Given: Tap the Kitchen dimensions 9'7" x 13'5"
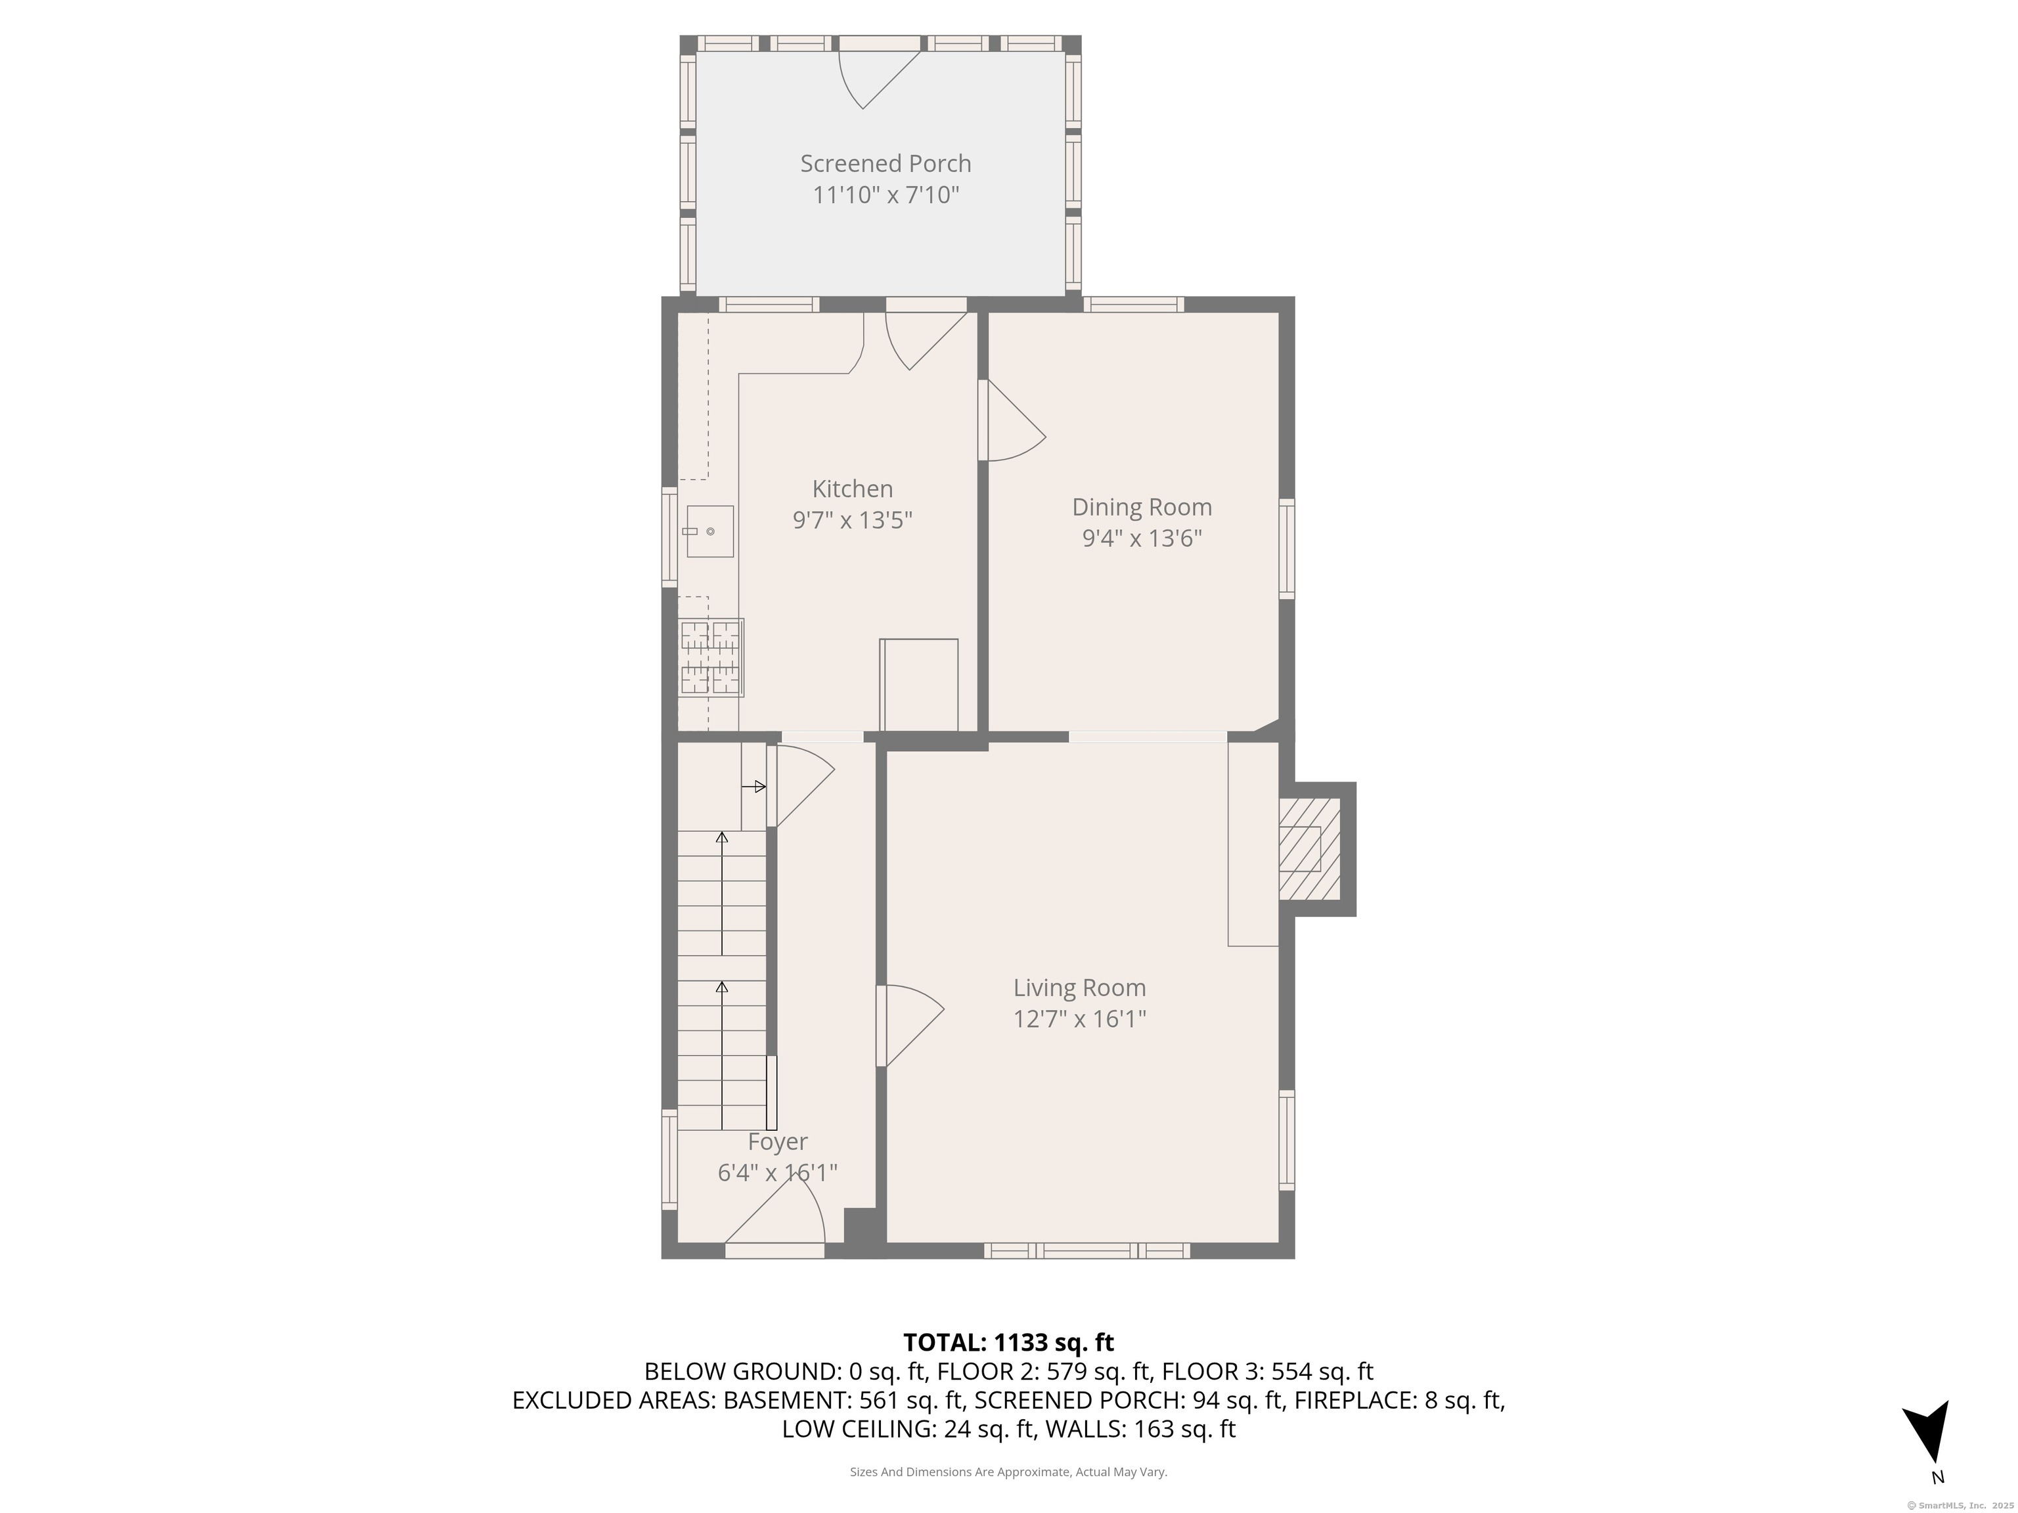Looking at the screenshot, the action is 852,520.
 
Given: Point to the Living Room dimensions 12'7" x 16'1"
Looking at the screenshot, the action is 1079,1019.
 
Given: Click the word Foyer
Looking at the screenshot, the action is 777,1142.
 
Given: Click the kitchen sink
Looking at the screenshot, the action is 709,531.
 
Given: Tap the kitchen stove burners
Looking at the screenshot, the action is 711,657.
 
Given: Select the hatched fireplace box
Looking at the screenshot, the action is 1309,849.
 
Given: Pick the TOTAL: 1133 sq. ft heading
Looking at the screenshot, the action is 1008,1342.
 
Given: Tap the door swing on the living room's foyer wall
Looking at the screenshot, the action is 910,1025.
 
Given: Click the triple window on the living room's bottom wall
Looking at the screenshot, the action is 1087,1250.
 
